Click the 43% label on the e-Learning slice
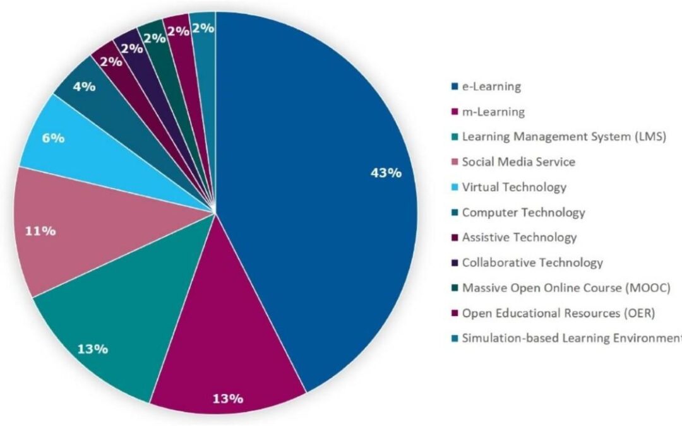385,173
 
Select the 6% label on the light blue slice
53,138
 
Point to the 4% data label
83,86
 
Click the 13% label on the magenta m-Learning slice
227,398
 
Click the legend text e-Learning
491,86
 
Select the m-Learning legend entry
493,112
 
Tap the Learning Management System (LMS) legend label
564,137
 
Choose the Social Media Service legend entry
518,162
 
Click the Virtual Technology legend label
514,187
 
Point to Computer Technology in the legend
523,213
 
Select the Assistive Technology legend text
519,238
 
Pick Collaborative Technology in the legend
532,263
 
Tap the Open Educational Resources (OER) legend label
559,313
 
